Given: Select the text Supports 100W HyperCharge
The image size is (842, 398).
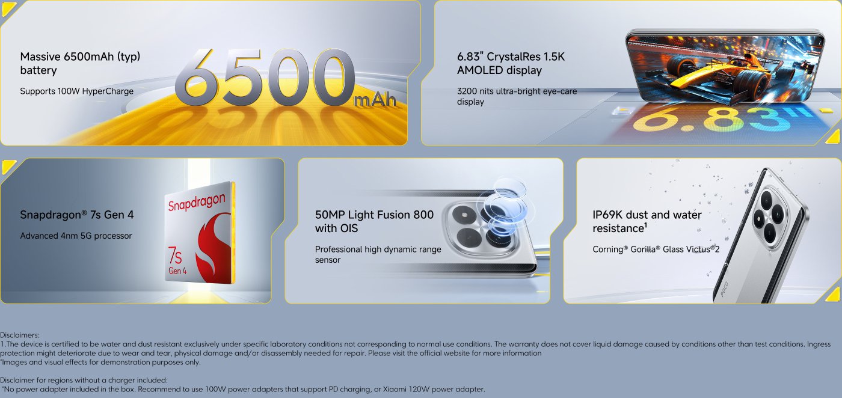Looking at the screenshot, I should point(77,91).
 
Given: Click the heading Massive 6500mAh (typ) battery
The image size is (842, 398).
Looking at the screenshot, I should point(80,64).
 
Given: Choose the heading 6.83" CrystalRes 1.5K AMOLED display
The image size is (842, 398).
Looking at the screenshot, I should point(511,64).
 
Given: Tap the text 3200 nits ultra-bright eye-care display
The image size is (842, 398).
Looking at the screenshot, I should point(517,97).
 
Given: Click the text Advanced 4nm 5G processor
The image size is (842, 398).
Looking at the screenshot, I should point(76,236).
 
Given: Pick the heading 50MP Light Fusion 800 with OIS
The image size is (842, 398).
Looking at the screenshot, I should point(374,221).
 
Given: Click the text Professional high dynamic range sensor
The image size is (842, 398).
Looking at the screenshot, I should point(378,254).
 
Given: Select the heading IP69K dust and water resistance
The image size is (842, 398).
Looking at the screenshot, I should point(647,221).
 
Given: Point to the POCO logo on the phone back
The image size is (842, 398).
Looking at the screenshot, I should point(724,288).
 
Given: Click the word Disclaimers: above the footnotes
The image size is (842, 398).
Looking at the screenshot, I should point(20,335).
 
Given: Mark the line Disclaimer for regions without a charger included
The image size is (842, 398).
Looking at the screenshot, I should point(84,380).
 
